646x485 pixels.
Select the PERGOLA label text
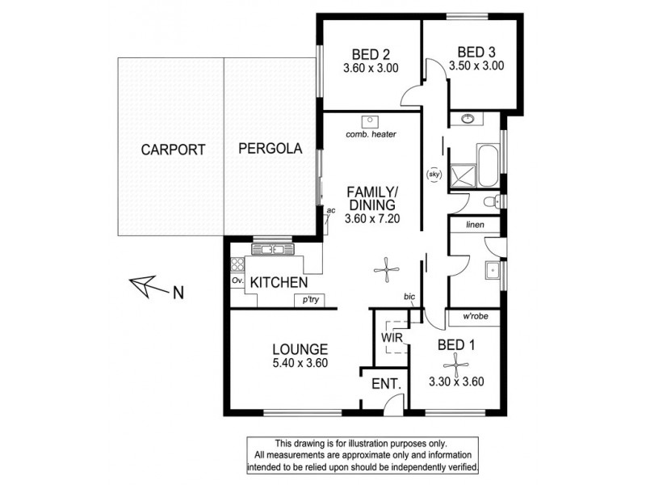[270, 149]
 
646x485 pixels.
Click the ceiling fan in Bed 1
[458, 365]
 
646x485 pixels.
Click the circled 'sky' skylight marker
[432, 173]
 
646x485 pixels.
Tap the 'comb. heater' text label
[370, 135]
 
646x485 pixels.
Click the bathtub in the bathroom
[487, 166]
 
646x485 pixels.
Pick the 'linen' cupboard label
[473, 226]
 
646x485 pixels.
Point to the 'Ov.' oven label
[237, 280]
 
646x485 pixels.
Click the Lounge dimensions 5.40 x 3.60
[299, 363]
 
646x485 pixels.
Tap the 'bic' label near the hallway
[410, 297]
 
